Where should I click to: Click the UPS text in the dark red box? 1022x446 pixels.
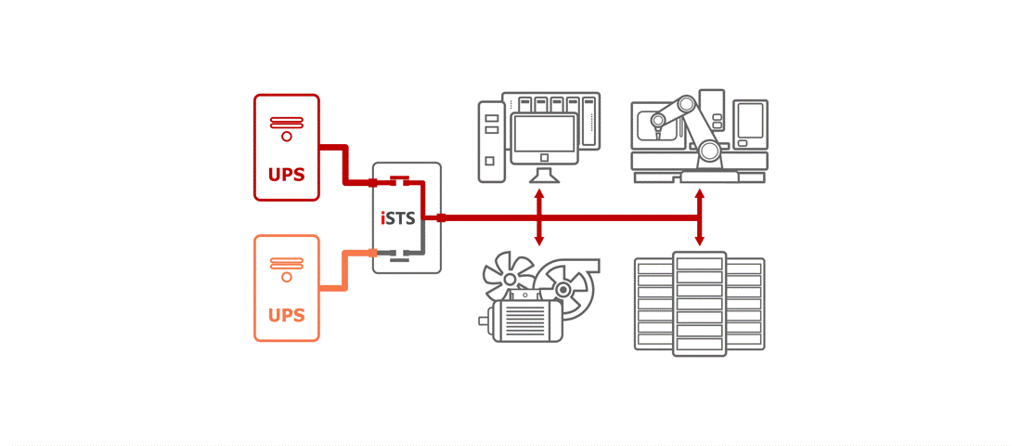[286, 175]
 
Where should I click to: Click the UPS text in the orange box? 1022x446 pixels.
[286, 315]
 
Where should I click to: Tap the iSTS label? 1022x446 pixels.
[398, 218]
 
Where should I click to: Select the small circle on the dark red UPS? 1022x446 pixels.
[286, 137]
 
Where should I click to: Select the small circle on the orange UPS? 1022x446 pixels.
[286, 277]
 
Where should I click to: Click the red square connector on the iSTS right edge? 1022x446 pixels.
[441, 218]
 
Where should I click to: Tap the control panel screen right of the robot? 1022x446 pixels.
[750, 121]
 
